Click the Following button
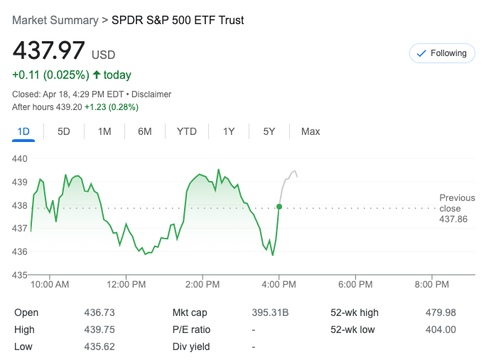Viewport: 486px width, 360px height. [441, 53]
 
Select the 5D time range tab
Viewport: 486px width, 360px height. [64, 131]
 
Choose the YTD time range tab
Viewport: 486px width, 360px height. [187, 131]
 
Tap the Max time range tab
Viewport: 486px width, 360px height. [310, 131]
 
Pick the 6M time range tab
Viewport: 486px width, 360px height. [145, 131]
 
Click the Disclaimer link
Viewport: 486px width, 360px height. [151, 94]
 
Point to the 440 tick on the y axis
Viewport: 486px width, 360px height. [20, 159]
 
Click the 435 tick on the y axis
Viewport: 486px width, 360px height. [20, 275]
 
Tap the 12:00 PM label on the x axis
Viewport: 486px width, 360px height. [126, 285]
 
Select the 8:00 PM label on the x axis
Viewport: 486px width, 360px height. [431, 285]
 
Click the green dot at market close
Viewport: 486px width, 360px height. [279, 207]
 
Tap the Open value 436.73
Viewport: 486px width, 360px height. [99, 312]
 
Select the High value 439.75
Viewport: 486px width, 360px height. [99, 329]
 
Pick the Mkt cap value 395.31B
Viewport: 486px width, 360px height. [270, 312]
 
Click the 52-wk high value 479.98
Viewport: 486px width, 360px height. [441, 312]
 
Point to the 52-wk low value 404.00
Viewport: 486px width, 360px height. [441, 329]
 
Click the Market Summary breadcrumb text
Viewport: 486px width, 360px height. [55, 20]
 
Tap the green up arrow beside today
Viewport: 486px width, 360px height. [97, 75]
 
